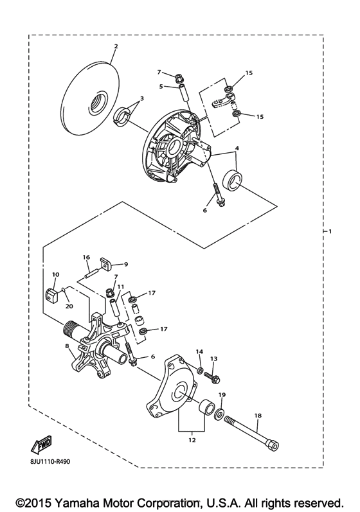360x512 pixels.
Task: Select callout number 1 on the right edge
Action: (330, 231)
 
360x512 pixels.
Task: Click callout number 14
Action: (199, 352)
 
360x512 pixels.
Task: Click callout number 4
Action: (238, 149)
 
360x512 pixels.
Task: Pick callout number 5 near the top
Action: (161, 85)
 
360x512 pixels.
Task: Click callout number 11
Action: (120, 287)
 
